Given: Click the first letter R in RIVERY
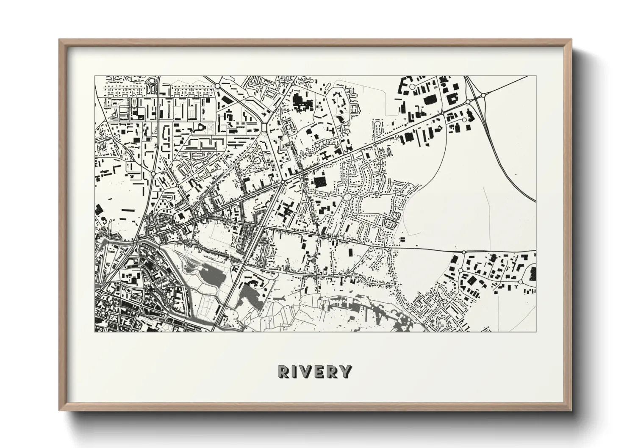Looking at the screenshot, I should (284, 371).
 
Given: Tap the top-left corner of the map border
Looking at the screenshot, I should (94, 76).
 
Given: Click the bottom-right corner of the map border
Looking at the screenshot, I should (536, 332).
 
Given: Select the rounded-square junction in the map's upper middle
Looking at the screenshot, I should (265, 127).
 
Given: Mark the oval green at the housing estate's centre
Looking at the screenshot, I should (347, 196).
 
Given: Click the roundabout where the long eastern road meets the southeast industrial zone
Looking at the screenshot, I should (463, 253).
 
